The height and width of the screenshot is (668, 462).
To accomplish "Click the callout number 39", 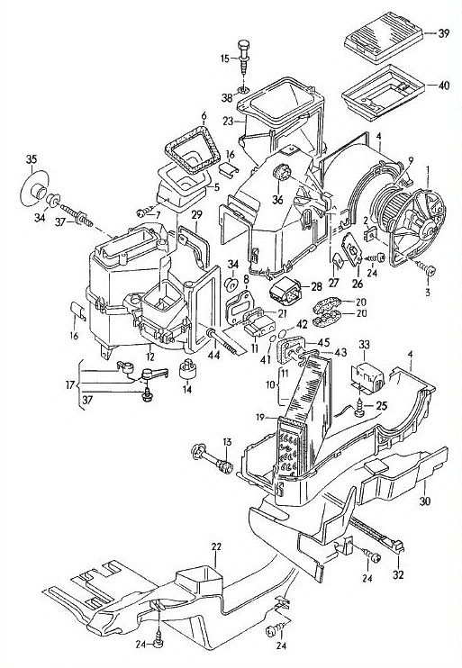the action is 444,33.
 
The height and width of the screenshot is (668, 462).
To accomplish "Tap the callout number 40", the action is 444,86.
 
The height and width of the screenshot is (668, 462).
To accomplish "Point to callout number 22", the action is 216,547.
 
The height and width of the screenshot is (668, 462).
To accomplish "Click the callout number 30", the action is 425,501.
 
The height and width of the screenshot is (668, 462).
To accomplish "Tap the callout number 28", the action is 316,286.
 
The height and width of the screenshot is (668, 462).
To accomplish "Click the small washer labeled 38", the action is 243,90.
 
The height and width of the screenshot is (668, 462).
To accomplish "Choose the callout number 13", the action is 227,442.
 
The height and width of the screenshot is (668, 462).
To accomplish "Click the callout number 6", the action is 204,115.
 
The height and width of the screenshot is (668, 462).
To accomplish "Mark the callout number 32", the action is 398,574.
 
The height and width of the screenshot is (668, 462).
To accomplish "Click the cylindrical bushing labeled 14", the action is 187,370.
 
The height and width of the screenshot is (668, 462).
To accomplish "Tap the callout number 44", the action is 213,355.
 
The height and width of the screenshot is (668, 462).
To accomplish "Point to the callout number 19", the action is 261,416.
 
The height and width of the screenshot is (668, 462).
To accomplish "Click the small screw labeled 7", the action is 143,212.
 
